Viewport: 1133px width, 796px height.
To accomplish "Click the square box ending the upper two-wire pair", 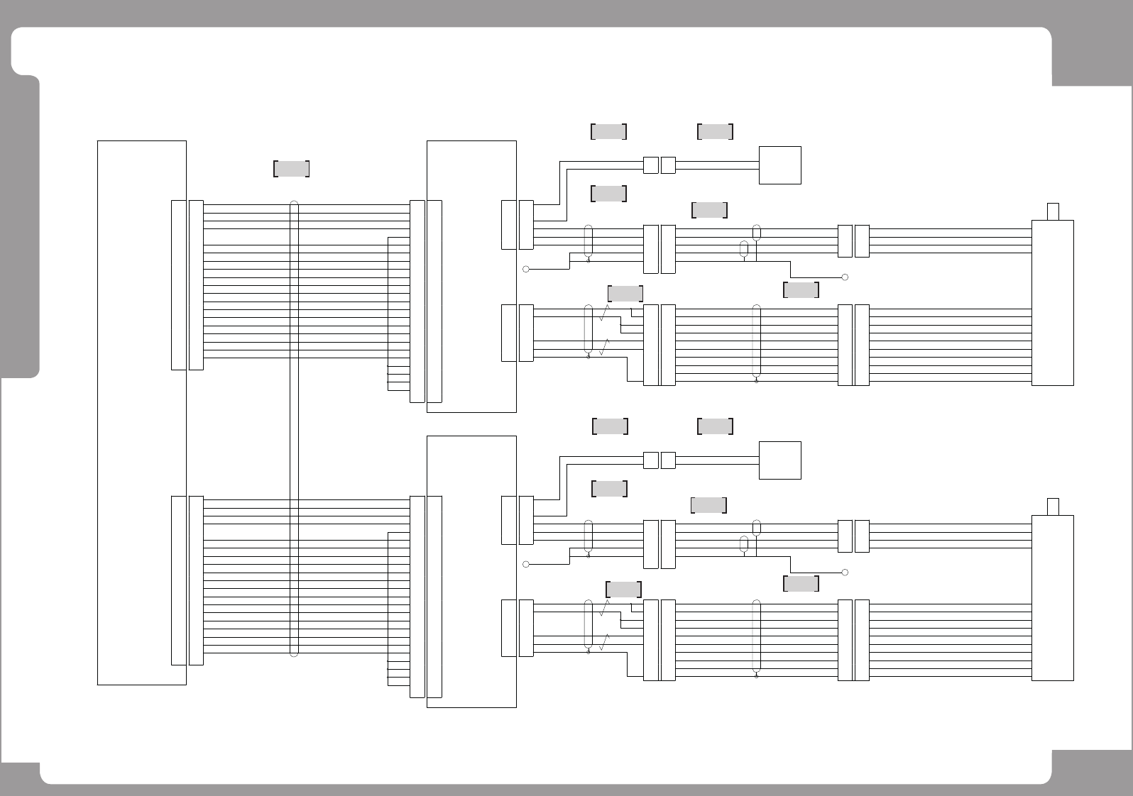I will (x=779, y=165).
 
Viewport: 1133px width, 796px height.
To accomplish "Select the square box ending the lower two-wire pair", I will (x=779, y=460).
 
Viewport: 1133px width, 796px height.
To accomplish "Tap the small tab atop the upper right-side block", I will (x=1053, y=211).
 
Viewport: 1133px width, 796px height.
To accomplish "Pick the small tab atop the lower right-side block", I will (x=1053, y=507).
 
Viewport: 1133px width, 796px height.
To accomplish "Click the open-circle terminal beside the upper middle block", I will (x=526, y=269).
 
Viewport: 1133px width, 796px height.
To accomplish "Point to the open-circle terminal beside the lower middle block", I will (x=526, y=564).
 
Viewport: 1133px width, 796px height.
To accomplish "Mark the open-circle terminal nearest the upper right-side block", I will (x=845, y=277).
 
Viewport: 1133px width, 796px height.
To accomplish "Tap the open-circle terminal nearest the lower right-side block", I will (x=845, y=573).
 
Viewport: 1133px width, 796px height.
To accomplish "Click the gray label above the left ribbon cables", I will (x=291, y=169).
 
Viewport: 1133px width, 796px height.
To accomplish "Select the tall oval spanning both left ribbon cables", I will (x=294, y=429).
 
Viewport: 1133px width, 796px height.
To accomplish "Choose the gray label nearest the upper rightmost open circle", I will (x=801, y=289).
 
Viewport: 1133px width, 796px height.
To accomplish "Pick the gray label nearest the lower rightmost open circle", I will (x=801, y=584).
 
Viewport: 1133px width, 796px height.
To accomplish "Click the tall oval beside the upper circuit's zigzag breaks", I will (x=588, y=328).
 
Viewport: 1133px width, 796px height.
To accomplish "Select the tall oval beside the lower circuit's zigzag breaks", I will (x=588, y=624).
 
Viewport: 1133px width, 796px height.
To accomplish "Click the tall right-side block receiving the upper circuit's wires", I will (x=1052, y=303).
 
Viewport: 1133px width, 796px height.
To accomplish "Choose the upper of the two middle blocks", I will (x=471, y=277).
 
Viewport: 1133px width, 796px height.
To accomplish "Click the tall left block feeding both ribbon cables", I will (x=141, y=413).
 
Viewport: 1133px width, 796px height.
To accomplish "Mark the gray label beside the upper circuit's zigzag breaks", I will (x=625, y=294).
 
